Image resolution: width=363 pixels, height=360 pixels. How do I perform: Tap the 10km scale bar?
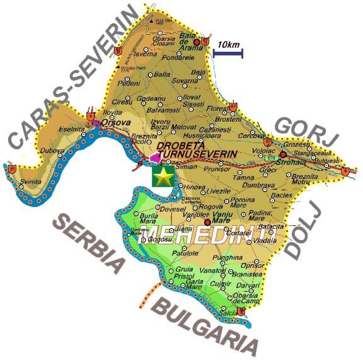point(228,53)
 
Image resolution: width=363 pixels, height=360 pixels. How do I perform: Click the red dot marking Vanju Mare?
point(207,221)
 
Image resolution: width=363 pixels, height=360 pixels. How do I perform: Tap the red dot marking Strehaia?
point(284,154)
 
